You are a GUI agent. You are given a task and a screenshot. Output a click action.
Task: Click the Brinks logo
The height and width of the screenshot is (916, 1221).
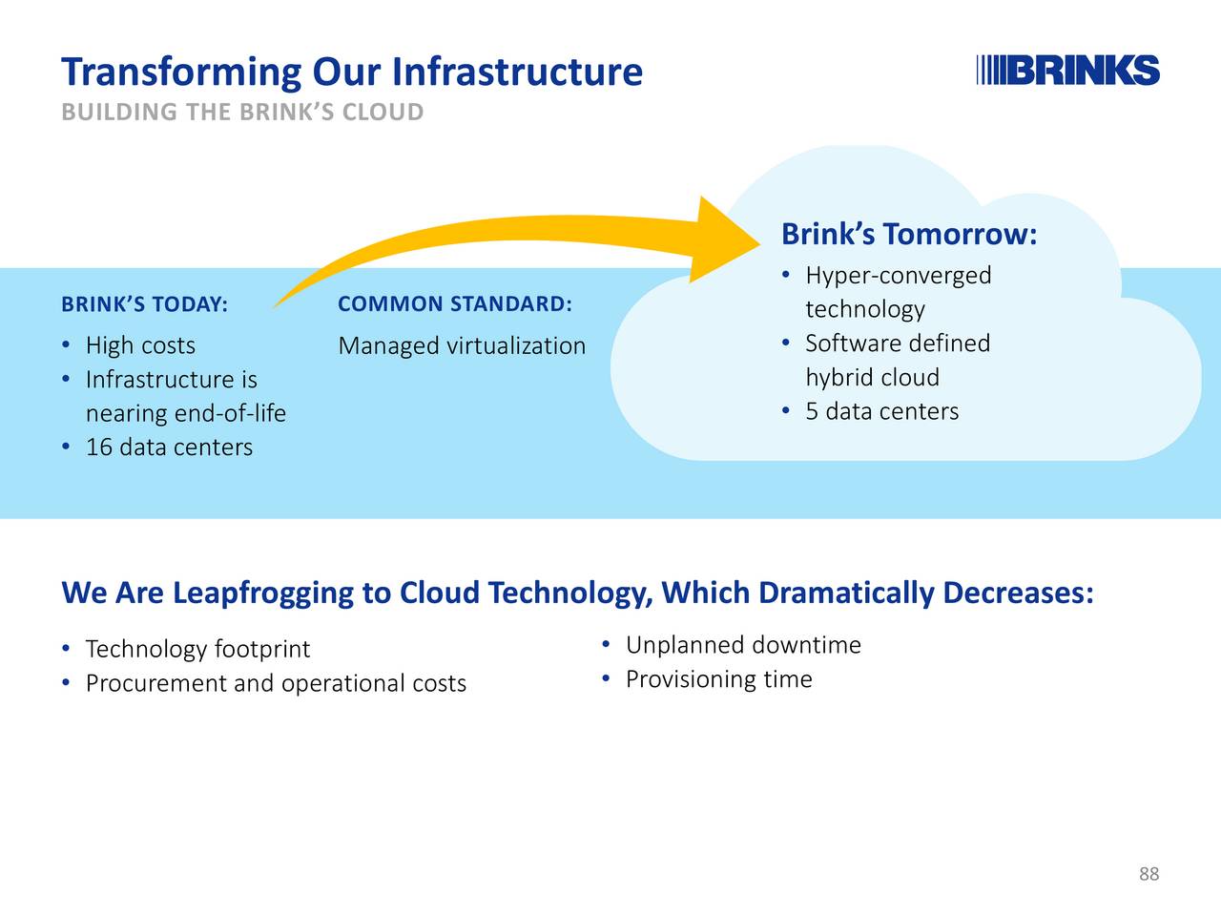click(x=1067, y=70)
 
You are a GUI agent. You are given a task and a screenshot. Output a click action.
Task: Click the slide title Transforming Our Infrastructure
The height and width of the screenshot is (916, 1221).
click(x=352, y=72)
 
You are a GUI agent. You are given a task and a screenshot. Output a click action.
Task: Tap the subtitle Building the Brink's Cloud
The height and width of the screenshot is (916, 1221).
click(x=242, y=112)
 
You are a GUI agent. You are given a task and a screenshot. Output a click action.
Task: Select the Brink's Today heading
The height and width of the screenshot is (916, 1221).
click(x=145, y=304)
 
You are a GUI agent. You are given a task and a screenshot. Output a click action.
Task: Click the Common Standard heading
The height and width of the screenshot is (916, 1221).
click(x=455, y=303)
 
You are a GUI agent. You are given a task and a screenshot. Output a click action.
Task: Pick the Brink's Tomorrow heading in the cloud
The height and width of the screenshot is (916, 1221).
click(x=909, y=234)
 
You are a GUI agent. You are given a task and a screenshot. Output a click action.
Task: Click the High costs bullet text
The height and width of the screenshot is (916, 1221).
click(x=141, y=345)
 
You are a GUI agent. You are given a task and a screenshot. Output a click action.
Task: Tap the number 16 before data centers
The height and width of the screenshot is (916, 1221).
click(x=99, y=448)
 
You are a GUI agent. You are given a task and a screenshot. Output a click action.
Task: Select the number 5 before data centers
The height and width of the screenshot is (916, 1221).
click(x=812, y=411)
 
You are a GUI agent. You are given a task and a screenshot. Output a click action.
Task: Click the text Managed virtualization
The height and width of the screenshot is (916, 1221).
click(x=462, y=346)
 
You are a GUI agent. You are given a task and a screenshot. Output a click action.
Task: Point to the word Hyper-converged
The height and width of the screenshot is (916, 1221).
click(x=899, y=276)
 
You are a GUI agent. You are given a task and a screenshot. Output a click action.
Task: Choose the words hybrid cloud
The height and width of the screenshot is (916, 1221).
click(x=872, y=377)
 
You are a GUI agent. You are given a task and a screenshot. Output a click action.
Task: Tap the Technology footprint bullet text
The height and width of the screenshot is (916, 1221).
click(x=197, y=649)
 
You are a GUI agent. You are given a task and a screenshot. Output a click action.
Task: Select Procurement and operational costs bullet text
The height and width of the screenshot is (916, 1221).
click(x=276, y=683)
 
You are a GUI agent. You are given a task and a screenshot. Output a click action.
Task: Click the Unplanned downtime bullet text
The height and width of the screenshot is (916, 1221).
click(x=743, y=645)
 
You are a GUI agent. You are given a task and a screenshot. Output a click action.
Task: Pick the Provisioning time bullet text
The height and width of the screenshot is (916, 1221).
click(x=718, y=679)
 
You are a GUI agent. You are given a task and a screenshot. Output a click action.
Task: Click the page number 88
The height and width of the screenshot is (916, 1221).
click(x=1149, y=874)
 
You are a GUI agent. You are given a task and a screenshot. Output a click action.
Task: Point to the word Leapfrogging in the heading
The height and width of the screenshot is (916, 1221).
click(x=263, y=593)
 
